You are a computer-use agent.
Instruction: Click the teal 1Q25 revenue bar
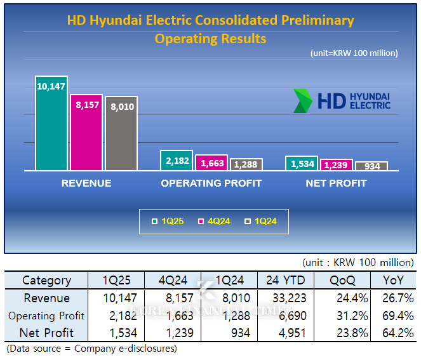point(51,124)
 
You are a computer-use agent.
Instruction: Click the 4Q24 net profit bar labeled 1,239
point(337,165)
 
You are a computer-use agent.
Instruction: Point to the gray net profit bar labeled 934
point(371,166)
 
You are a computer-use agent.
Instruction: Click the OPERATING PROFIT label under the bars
point(211,183)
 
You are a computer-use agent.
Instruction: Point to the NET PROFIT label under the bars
point(336,183)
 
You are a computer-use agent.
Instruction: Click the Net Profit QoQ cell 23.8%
point(341,332)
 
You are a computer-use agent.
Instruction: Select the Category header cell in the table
point(46,280)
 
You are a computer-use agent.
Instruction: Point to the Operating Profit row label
point(46,315)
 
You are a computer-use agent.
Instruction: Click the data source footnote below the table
point(91,349)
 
